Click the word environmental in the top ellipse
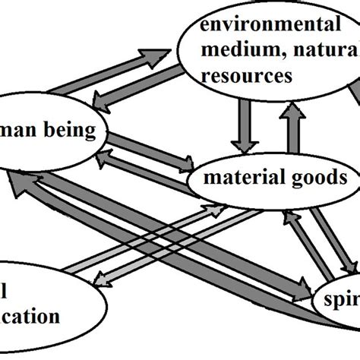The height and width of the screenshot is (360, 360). (270, 26)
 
